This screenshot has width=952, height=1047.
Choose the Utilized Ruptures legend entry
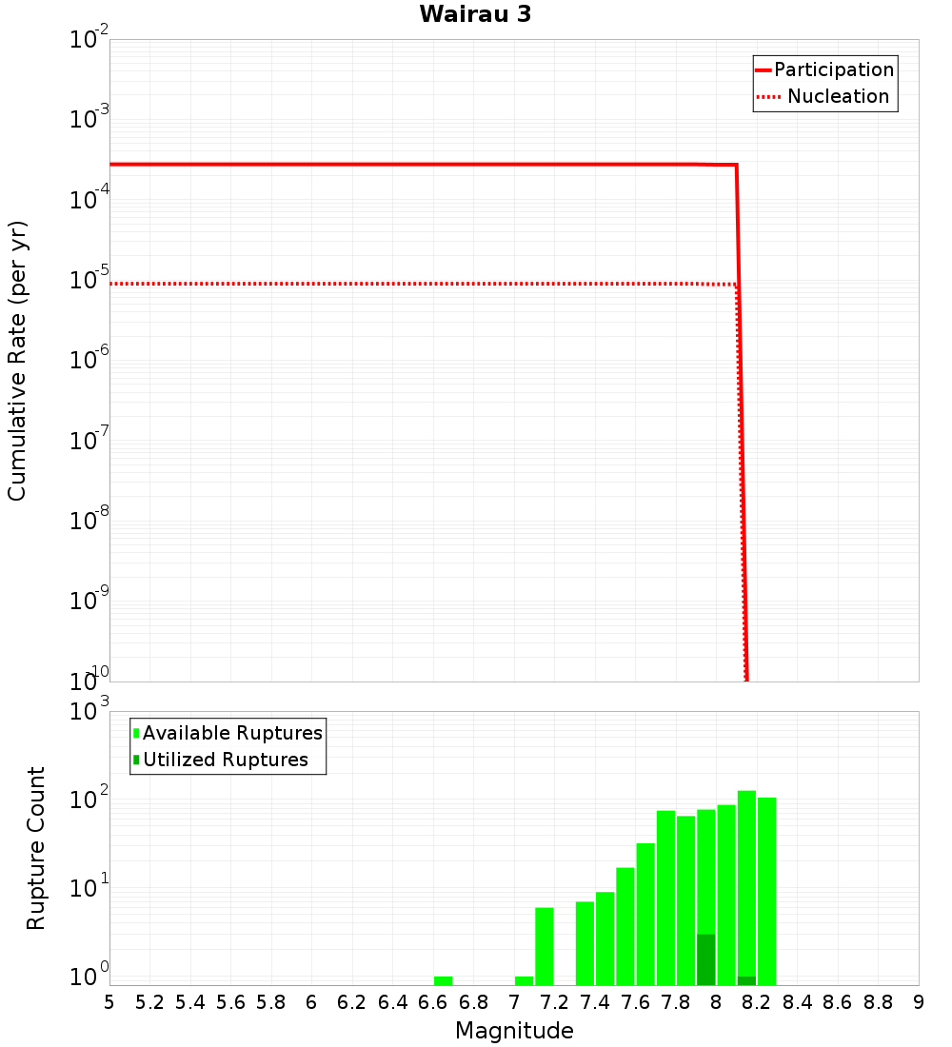pyautogui.click(x=225, y=760)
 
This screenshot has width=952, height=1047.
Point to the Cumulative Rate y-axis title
pyautogui.click(x=17, y=360)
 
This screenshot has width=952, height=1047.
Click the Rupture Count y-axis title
pyautogui.click(x=36, y=847)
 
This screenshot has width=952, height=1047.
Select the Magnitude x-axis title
pyautogui.click(x=514, y=1031)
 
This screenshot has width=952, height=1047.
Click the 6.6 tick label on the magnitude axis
pyautogui.click(x=433, y=1002)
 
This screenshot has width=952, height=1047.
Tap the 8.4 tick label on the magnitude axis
pyautogui.click(x=798, y=1002)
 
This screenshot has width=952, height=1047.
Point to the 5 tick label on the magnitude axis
pyautogui.click(x=109, y=1002)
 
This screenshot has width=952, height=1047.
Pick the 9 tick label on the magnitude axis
pyautogui.click(x=919, y=1002)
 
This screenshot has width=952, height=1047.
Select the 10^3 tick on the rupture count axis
pyautogui.click(x=89, y=711)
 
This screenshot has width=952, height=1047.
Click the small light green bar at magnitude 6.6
pyautogui.click(x=443, y=980)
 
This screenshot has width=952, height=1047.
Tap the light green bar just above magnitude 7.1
pyautogui.click(x=545, y=946)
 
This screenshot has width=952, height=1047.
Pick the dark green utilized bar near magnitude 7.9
pyautogui.click(x=705, y=959)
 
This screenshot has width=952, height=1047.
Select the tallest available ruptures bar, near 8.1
pyautogui.click(x=746, y=885)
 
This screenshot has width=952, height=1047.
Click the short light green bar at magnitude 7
pyautogui.click(x=524, y=980)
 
